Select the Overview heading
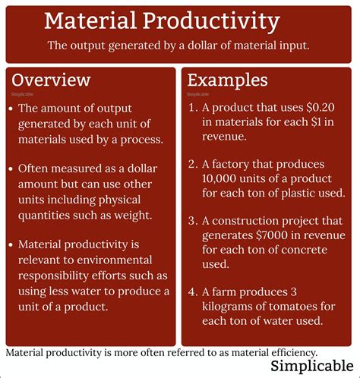point(51,80)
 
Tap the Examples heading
point(227,80)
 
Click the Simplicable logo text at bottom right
point(309,367)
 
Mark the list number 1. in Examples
point(193,109)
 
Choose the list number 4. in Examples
point(193,292)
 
